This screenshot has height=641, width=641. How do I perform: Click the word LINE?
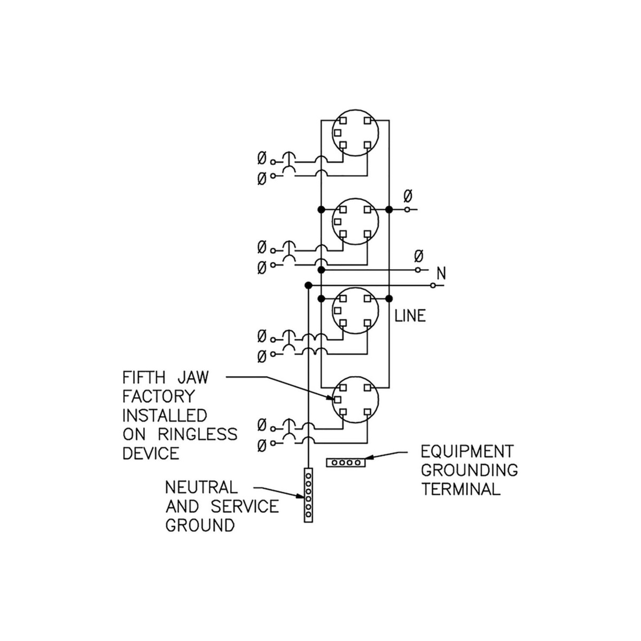410,316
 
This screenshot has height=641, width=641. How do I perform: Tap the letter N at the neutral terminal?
441,274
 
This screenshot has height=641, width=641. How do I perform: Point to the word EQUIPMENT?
467,452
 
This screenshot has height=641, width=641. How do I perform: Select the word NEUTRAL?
201,487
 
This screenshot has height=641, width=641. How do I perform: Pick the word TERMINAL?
461,489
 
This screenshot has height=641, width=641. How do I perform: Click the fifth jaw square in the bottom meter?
338,399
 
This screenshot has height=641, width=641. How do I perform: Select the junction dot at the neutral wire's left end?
308,286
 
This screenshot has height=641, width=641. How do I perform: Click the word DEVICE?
151,453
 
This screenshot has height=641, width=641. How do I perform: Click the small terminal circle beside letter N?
433,286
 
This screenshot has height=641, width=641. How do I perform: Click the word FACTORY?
159,397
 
